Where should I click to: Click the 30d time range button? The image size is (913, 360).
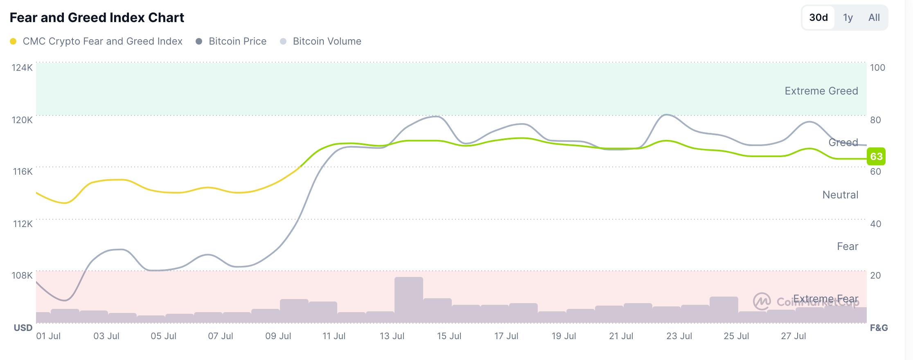818,18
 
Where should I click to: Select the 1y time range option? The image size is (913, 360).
848,18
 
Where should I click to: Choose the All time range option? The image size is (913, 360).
874,18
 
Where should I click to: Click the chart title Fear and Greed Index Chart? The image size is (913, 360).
97,18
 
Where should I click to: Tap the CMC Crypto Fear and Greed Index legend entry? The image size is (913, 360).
102,41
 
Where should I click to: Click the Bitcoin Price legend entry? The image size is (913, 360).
237,41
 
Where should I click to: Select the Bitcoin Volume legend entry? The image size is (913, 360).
327,41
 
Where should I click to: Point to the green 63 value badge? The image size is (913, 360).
876,156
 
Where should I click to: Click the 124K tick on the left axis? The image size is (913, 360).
22,67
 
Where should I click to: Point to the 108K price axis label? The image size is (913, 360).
22,275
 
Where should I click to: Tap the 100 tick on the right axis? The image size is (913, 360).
877,67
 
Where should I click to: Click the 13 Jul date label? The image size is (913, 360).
392,336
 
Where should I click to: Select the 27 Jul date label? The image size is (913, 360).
794,336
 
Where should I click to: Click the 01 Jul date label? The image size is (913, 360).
48,336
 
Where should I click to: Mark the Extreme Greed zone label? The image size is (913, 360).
821,91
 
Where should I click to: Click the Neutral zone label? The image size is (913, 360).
840,195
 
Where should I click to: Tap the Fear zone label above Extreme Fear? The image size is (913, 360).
848,246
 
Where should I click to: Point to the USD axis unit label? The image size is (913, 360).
23,328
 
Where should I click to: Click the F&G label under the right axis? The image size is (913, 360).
879,328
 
